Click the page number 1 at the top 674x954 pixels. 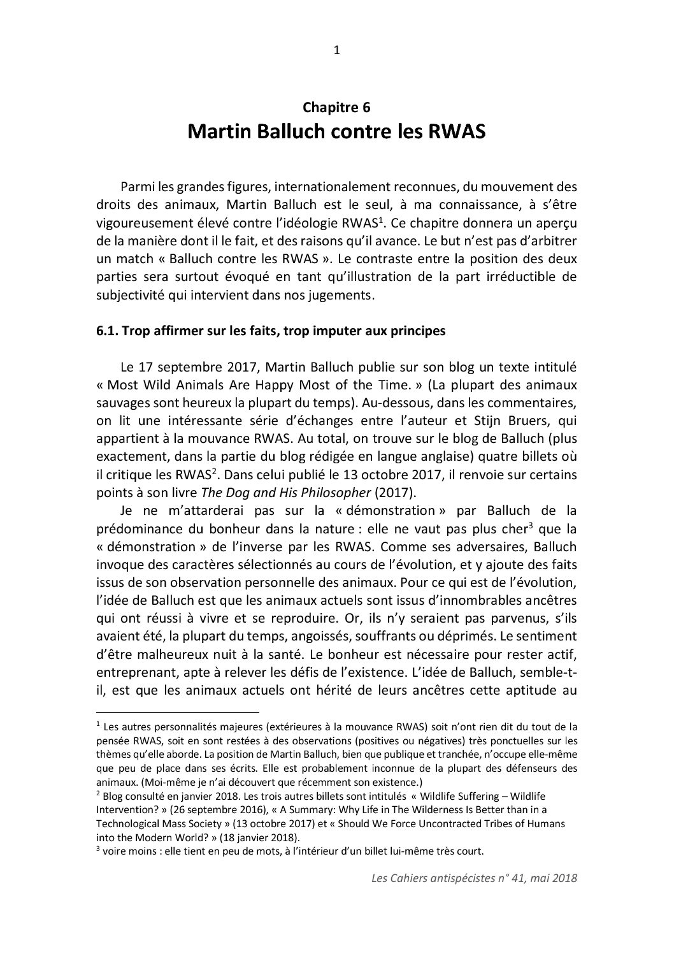337,52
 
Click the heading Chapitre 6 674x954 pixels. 336,107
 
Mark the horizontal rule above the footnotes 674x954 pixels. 178,712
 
